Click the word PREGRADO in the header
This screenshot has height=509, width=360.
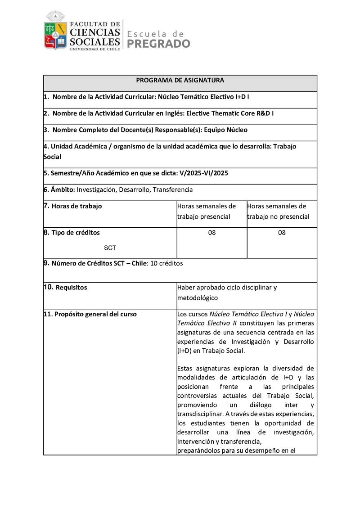click(159, 44)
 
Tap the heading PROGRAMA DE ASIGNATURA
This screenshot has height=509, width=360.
click(180, 81)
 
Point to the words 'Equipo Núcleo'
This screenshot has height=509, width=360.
click(225, 130)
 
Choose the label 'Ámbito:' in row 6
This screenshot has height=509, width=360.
click(59, 189)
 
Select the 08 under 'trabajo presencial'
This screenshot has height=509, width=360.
click(212, 233)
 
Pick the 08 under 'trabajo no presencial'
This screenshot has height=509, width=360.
click(282, 233)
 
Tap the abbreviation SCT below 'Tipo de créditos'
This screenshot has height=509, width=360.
click(110, 248)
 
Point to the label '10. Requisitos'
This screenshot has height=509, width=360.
click(66, 287)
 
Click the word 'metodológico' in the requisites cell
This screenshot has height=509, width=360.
click(198, 298)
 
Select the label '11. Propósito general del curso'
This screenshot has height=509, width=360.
click(90, 314)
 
